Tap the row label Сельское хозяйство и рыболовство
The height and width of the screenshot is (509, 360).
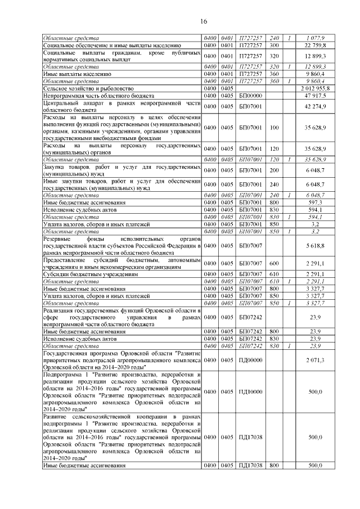pos(88,88)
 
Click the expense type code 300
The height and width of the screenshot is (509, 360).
pos(275,44)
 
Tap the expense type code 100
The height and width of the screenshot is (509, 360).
pos(274,128)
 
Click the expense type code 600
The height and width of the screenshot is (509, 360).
pos(275,261)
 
